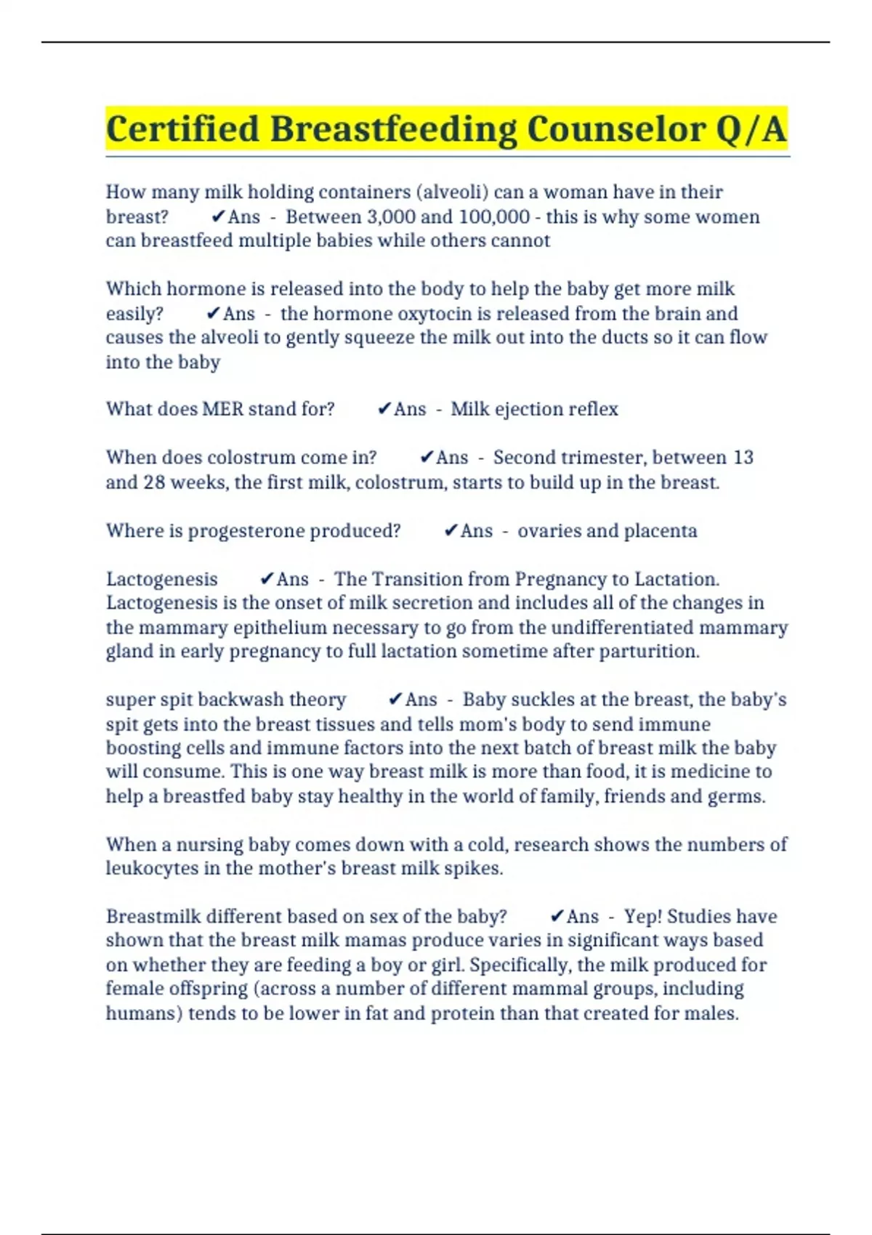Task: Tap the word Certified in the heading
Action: [183, 129]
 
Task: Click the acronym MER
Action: [222, 409]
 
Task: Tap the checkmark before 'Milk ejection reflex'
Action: [384, 409]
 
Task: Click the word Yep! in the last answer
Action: [642, 917]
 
